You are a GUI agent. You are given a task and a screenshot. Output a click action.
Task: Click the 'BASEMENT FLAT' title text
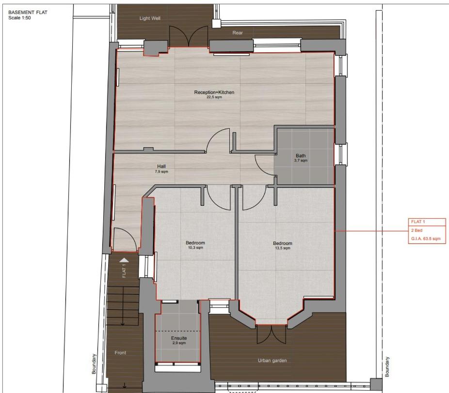[28, 13]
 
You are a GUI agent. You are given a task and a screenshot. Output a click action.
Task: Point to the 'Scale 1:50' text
[19, 18]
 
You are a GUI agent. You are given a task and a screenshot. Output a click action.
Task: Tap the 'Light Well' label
[150, 18]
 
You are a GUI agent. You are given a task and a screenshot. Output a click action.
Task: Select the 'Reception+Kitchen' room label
[214, 92]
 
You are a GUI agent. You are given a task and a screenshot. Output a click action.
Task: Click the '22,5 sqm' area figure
[214, 97]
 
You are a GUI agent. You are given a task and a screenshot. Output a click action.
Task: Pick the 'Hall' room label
[161, 166]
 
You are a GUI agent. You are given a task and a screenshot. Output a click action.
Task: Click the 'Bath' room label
[301, 156]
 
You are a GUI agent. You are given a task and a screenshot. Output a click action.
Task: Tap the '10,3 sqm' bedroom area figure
[195, 247]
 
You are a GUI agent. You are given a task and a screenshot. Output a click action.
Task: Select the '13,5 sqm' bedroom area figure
[283, 248]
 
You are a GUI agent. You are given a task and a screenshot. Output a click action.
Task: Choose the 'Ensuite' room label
[179, 338]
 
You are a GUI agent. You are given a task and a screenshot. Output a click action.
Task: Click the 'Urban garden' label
[272, 361]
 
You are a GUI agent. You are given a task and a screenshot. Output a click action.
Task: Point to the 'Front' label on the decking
[120, 353]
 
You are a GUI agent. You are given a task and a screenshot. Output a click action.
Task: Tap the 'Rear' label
[238, 33]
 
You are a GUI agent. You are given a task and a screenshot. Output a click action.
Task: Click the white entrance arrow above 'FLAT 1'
[124, 260]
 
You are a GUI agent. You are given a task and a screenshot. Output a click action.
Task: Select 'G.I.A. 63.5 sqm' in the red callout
[426, 239]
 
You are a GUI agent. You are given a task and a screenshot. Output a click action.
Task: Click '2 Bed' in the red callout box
[417, 230]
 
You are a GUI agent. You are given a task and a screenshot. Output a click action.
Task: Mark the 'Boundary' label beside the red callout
[387, 367]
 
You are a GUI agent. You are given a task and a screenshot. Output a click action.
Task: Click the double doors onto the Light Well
[189, 37]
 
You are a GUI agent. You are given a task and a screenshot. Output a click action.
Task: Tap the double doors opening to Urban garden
[272, 334]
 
